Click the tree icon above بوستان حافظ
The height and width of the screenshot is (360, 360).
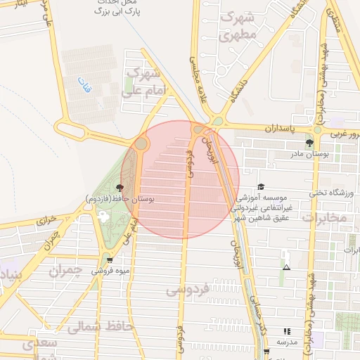coord(120,188)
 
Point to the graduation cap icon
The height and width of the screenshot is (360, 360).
coord(262,186)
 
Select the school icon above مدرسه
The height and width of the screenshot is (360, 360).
coord(286,330)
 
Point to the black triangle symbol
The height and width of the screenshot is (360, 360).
coord(286,267)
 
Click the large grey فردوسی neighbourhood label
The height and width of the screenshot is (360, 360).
coord(186,289)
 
